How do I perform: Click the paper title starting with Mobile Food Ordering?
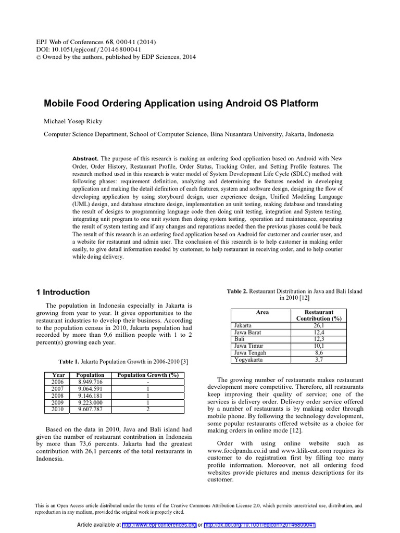click(x=181, y=104)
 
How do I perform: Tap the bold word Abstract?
click(x=85, y=158)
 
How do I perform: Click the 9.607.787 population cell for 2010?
click(x=90, y=409)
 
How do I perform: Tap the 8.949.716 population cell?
click(x=90, y=382)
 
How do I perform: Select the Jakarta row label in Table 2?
click(x=244, y=325)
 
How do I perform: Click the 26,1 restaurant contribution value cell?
click(x=319, y=325)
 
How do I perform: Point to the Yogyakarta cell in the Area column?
click(x=249, y=359)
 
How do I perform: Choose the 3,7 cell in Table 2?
click(x=319, y=359)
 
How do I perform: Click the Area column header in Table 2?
click(x=262, y=312)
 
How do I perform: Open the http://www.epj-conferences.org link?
click(x=159, y=525)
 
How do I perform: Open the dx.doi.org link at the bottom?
click(x=260, y=525)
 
